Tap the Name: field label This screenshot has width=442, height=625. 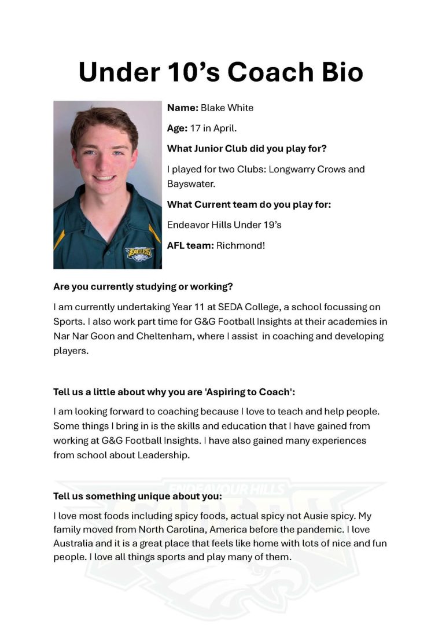182,108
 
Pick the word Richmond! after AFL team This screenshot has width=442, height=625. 240,245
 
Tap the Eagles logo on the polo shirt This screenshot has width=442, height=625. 139,252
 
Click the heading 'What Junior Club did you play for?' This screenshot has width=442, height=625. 247,149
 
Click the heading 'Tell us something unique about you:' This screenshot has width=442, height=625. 138,496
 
